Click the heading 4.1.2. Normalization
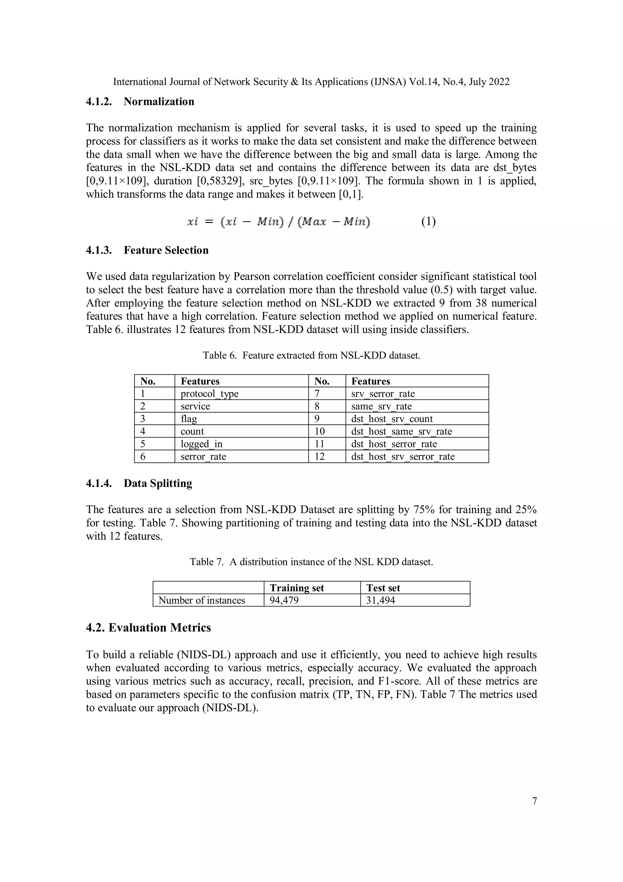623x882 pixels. (140, 102)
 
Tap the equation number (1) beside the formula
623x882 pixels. (428, 222)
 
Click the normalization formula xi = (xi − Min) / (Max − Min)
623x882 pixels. (278, 222)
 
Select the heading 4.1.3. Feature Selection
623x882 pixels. (147, 251)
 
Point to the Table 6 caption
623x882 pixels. (311, 355)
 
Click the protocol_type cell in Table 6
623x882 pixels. (210, 394)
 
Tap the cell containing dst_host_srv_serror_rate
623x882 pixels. (403, 457)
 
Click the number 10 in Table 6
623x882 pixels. (319, 431)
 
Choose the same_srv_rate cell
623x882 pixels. (381, 406)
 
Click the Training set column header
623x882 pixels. (297, 588)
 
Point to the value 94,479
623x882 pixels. (284, 600)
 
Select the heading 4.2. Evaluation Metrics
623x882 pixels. (148, 628)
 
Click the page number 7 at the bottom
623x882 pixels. (534, 801)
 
